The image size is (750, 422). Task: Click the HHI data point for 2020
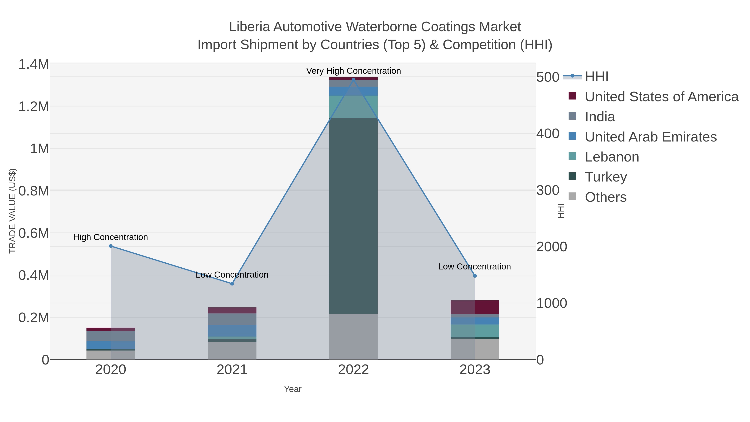click(x=111, y=246)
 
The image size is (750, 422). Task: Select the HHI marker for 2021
click(x=232, y=284)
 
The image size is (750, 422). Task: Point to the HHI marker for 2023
click(x=475, y=276)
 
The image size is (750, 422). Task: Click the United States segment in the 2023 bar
click(x=475, y=307)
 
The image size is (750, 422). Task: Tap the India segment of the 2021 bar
click(x=232, y=319)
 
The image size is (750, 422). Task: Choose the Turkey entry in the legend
click(x=606, y=177)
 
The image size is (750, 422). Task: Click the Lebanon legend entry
click(x=612, y=157)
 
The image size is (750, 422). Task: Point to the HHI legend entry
click(x=596, y=77)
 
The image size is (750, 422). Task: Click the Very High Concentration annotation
click(x=354, y=71)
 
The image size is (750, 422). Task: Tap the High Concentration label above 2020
click(x=110, y=237)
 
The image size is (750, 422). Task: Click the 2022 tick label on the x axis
click(x=354, y=370)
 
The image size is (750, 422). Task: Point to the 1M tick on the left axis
click(x=40, y=149)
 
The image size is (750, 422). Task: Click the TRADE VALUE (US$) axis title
click(x=12, y=211)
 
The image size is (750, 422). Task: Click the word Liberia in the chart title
click(x=249, y=27)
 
